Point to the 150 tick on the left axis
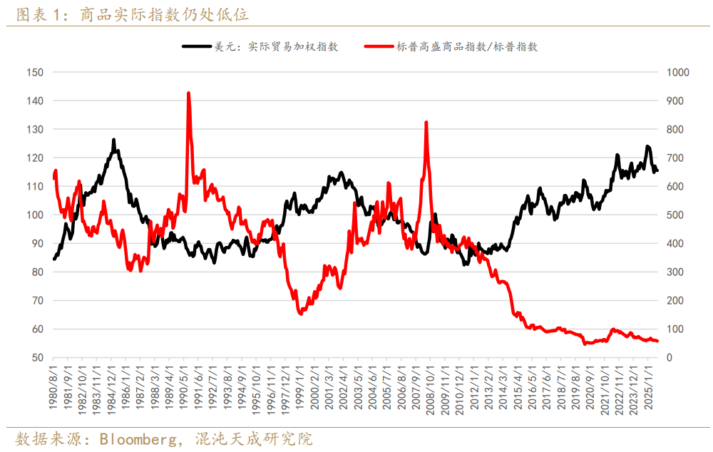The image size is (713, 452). click(34, 72)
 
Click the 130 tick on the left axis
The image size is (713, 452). click(34, 129)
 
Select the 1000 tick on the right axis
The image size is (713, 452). click(677, 72)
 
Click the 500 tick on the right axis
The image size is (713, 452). click(674, 215)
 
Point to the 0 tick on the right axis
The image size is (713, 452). click(669, 357)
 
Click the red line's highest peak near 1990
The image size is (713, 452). click(188, 93)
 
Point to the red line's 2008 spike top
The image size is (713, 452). click(426, 123)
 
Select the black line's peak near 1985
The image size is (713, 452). click(113, 140)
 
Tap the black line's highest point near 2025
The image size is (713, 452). click(647, 147)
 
